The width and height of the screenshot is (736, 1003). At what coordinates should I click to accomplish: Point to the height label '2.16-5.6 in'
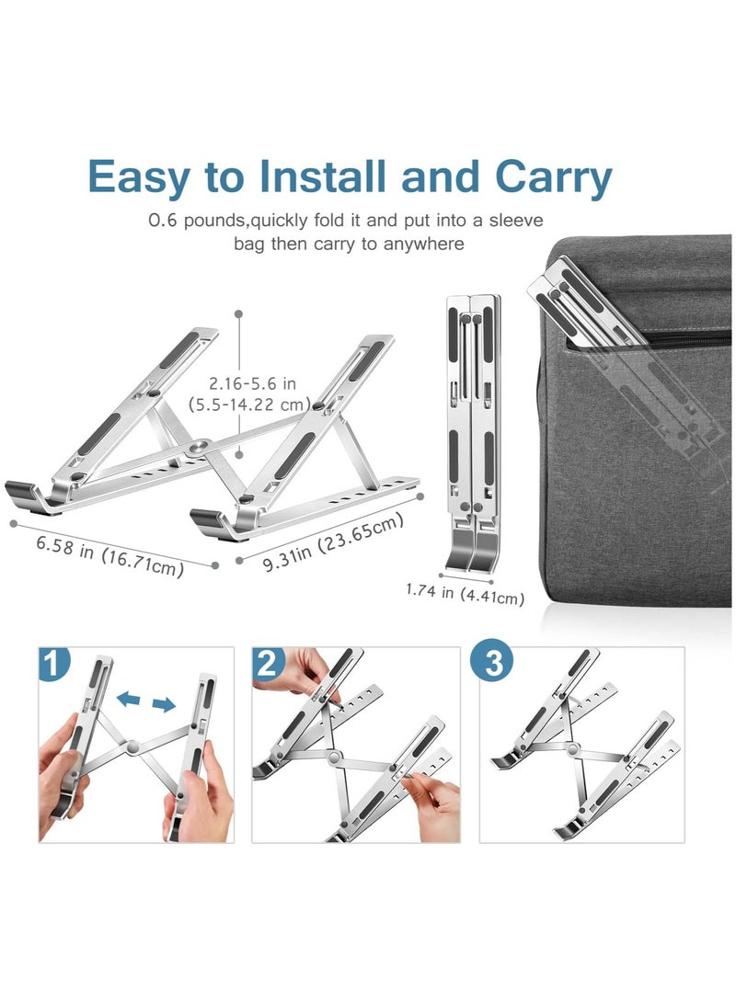point(252,382)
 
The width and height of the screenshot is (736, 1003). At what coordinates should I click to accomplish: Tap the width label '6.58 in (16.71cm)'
point(110,557)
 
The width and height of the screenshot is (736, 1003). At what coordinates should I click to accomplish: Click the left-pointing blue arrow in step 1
point(129,701)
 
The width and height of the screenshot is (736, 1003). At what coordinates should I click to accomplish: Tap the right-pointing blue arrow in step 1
point(163,706)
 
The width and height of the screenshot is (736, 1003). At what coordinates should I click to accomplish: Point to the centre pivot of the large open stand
point(197,447)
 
